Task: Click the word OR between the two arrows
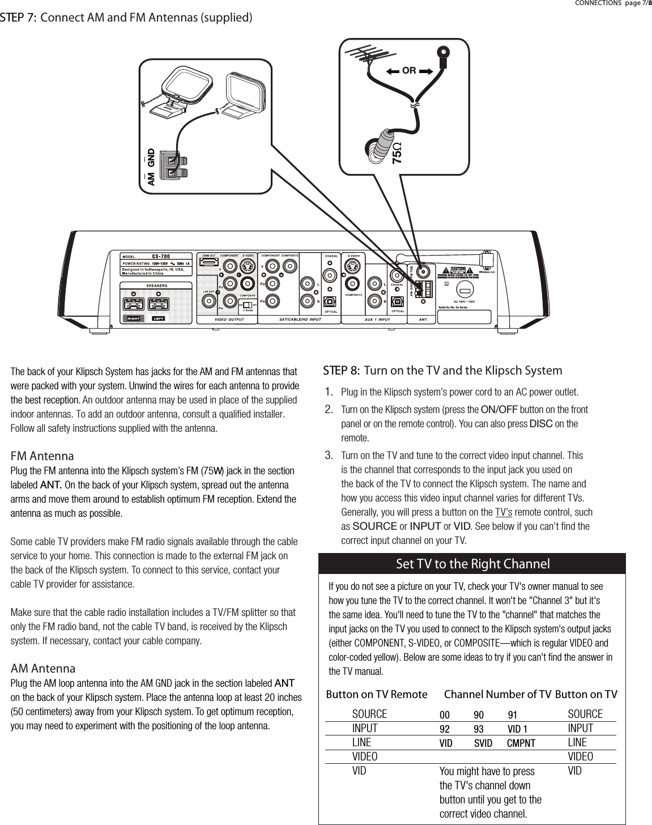point(409,71)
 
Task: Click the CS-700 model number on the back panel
point(161,255)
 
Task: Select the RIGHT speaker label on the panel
point(134,318)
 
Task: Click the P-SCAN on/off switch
point(248,304)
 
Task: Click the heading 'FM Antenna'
point(43,456)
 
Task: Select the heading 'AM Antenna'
point(44,669)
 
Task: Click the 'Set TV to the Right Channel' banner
point(472,564)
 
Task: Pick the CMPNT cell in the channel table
point(521,743)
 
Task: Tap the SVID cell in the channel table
point(483,743)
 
